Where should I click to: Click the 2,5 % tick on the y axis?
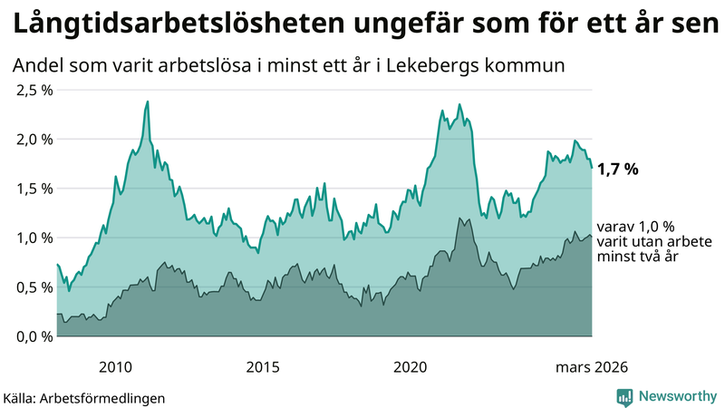(x=33, y=90)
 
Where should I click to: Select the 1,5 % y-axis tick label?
(x=33, y=189)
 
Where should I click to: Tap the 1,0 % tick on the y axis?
(x=33, y=238)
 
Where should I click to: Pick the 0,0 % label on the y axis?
(x=33, y=336)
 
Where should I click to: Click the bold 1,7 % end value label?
(x=618, y=169)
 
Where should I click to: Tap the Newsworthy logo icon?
(x=624, y=396)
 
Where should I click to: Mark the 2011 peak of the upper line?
(x=148, y=102)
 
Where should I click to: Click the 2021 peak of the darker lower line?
(x=460, y=218)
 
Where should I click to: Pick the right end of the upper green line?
(x=592, y=168)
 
